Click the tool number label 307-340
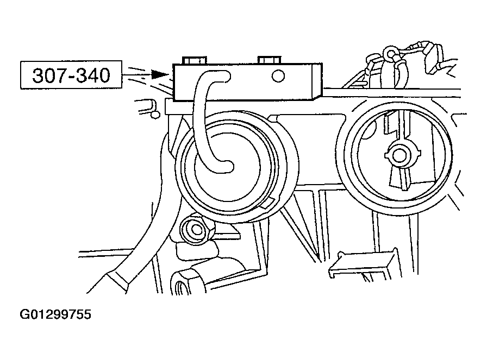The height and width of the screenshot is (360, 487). pyautogui.click(x=71, y=75)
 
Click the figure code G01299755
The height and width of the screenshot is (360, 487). pyautogui.click(x=55, y=314)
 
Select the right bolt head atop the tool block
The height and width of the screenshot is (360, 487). pyautogui.click(x=270, y=60)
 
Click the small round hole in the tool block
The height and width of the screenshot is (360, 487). pyautogui.click(x=278, y=76)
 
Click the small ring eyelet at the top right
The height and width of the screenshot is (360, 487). pyautogui.click(x=389, y=53)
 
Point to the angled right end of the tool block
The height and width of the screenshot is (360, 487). pyautogui.click(x=318, y=81)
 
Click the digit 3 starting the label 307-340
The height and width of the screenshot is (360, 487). pyautogui.click(x=39, y=75)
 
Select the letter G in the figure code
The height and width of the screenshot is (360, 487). pyautogui.click(x=25, y=314)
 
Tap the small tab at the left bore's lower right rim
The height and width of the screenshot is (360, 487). pyautogui.click(x=267, y=203)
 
